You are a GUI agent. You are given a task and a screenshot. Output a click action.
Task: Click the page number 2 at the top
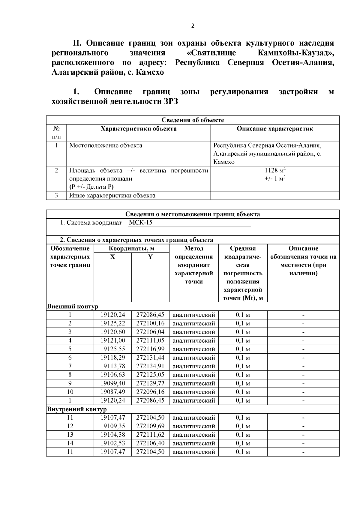click(193, 26)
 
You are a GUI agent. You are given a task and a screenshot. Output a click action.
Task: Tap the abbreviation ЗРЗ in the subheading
click(170, 102)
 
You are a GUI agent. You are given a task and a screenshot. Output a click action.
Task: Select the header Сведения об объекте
click(193, 120)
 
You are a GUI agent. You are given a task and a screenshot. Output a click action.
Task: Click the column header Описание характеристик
click(275, 129)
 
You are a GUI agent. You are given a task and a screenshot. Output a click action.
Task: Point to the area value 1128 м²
click(275, 170)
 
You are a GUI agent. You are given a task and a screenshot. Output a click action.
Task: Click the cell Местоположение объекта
click(106, 146)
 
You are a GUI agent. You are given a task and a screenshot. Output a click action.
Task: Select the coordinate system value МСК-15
click(141, 223)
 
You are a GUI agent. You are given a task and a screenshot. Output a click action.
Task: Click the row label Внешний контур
click(73, 307)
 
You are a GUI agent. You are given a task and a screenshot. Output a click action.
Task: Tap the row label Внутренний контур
click(77, 409)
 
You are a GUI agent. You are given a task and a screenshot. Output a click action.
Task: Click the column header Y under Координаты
click(150, 257)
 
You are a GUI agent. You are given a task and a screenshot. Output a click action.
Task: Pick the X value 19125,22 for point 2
click(112, 324)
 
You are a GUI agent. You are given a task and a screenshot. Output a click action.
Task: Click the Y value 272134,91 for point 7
click(150, 366)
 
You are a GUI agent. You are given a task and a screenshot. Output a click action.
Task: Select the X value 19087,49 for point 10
click(112, 392)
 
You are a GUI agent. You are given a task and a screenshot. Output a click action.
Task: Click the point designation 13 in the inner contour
click(70, 435)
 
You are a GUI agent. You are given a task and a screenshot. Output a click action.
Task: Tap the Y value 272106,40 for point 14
click(150, 443)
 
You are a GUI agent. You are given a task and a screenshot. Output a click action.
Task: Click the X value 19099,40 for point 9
click(112, 383)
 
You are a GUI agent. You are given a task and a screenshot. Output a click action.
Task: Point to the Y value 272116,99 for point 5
click(150, 349)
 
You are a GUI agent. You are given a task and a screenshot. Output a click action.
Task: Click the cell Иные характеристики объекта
click(112, 196)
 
